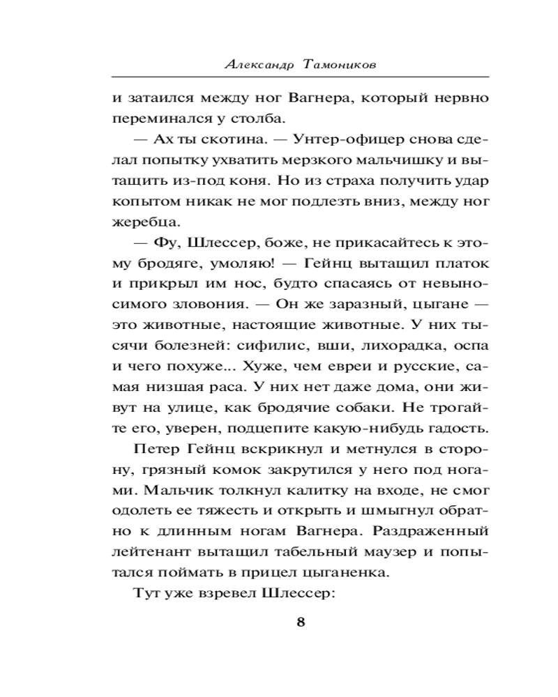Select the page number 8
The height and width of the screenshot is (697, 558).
click(301, 622)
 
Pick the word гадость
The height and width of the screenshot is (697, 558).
click(453, 427)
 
